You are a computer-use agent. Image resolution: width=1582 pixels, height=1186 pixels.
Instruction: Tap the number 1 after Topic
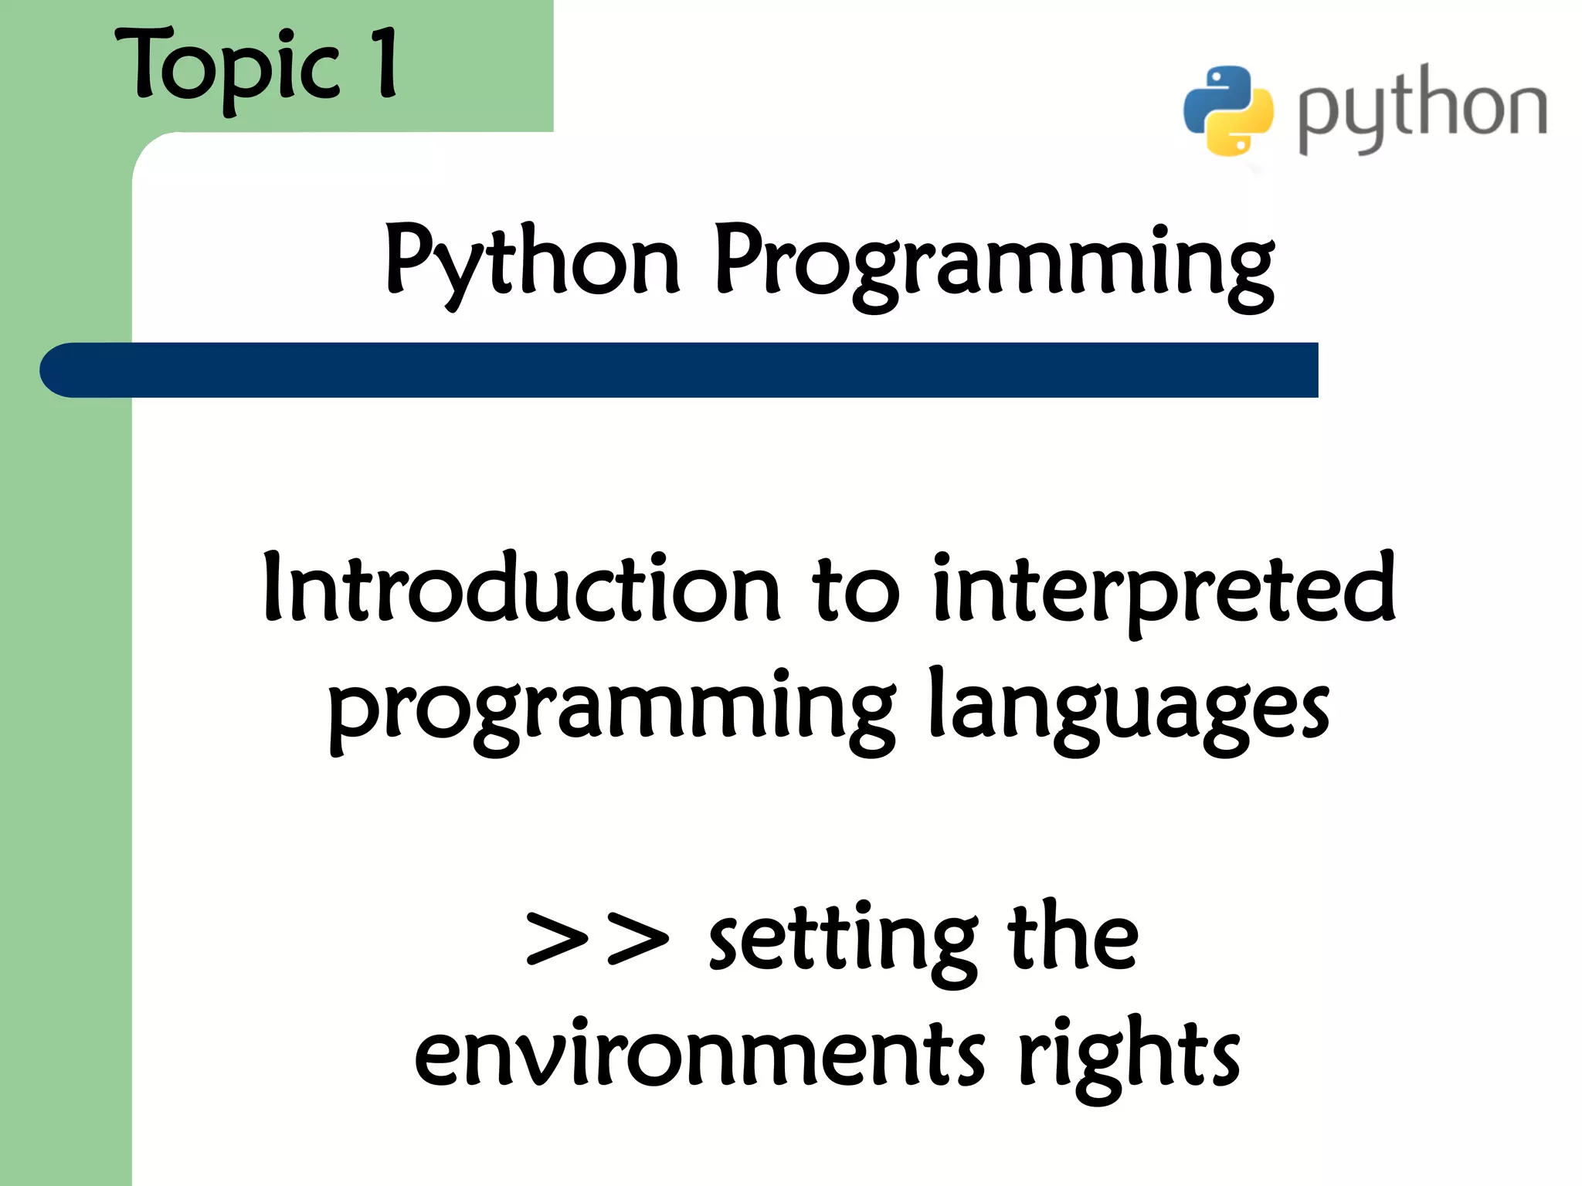click(384, 63)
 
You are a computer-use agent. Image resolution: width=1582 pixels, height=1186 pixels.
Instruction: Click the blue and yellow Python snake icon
click(1228, 110)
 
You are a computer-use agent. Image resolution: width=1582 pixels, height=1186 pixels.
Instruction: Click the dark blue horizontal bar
click(695, 370)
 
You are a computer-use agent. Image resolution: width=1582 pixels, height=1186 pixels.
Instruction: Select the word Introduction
click(522, 588)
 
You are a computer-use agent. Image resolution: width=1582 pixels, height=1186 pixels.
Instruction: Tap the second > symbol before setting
click(638, 939)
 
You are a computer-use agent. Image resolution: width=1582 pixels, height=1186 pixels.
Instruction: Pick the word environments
click(699, 1055)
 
